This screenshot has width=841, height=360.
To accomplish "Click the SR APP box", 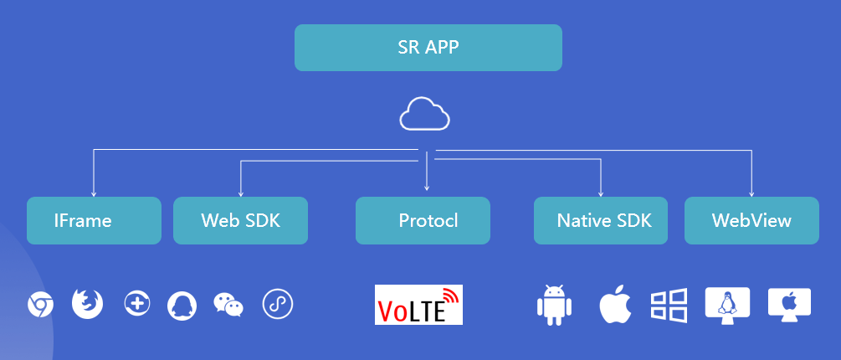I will tap(428, 48).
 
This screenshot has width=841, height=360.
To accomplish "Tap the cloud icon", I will tap(424, 115).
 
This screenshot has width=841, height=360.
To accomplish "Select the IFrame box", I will tap(94, 221).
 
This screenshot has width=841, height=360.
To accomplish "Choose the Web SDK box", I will tap(240, 221).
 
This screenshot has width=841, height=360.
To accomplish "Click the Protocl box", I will tap(423, 221).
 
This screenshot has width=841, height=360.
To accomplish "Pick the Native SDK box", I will tap(601, 221).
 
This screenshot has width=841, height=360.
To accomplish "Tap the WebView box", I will tap(751, 221).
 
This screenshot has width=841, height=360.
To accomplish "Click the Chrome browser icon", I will tap(40, 305).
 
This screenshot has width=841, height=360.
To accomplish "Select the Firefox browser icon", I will tap(87, 303).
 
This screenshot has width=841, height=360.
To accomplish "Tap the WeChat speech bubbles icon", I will tap(228, 305).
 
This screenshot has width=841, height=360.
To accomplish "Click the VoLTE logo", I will tap(418, 305).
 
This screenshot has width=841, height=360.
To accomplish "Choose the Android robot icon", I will tap(552, 305).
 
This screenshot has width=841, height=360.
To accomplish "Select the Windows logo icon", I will tap(669, 305).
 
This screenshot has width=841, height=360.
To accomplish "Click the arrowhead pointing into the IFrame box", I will tap(94, 193).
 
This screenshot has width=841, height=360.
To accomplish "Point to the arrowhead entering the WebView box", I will tap(751, 193).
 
